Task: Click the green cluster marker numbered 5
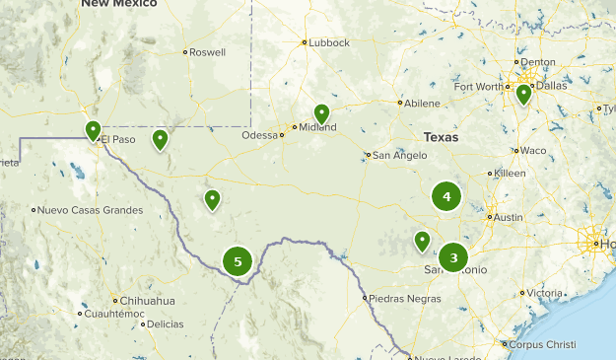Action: tap(238, 261)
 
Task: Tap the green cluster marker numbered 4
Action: tap(446, 196)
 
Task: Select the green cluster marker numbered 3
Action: tap(453, 258)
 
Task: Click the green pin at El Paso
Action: tap(93, 130)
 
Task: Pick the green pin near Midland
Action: tap(321, 113)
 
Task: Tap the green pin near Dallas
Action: tap(523, 94)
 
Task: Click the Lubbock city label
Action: tap(328, 42)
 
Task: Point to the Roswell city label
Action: tap(208, 52)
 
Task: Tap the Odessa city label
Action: tap(260, 135)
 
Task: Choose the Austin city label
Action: tap(508, 217)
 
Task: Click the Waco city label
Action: tap(533, 150)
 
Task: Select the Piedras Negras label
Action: tap(398, 298)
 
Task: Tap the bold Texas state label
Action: tap(441, 138)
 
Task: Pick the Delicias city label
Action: tap(165, 324)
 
